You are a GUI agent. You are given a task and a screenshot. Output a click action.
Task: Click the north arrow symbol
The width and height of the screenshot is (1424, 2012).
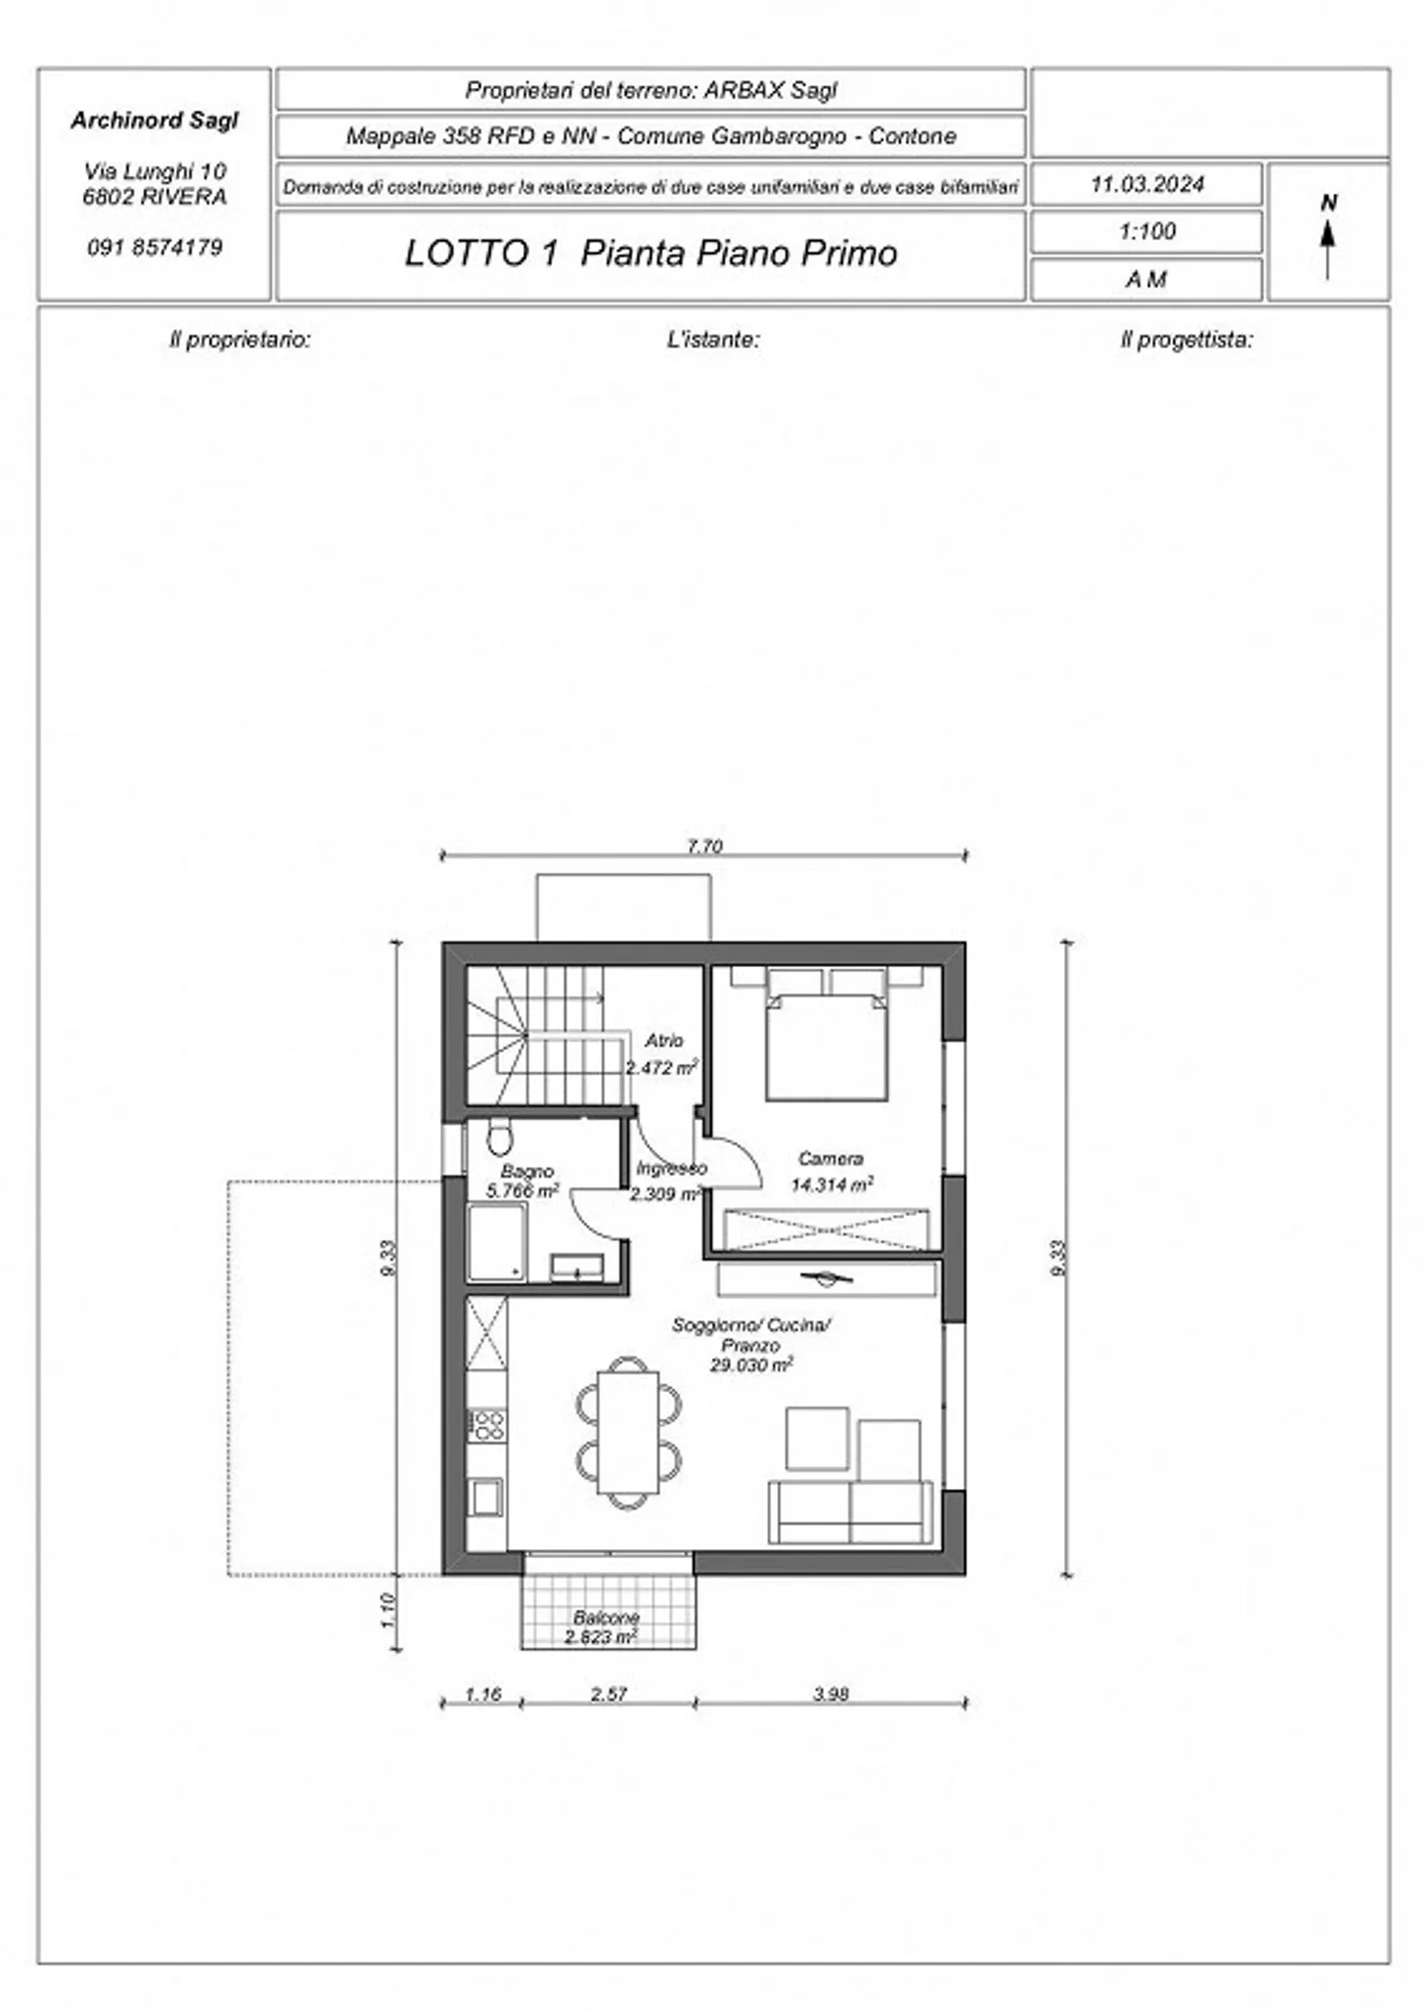(1328, 243)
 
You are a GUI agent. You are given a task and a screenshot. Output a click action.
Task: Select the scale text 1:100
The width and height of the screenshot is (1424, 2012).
(1147, 232)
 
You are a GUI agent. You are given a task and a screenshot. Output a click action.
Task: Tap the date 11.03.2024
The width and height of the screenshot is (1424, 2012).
(1147, 185)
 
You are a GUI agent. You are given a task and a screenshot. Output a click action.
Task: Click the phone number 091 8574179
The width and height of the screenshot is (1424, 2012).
(155, 247)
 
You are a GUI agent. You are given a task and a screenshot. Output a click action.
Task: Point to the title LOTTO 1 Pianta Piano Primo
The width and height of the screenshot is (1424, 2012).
(651, 254)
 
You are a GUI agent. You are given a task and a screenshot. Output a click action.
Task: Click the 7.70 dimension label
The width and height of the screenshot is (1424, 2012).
(704, 846)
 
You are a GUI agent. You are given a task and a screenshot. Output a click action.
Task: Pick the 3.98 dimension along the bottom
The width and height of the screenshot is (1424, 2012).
(831, 1694)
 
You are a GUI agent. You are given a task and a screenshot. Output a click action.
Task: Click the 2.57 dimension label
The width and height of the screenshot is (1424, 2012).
(609, 1694)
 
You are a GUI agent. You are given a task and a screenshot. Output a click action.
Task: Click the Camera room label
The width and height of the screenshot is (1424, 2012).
(831, 1158)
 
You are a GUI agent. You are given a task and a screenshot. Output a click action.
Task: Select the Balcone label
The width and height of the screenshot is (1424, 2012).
(606, 1618)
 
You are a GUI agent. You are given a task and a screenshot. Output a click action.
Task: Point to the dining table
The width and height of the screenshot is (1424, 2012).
(628, 1432)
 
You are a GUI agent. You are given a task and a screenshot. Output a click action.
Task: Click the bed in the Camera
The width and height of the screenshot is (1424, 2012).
(826, 1043)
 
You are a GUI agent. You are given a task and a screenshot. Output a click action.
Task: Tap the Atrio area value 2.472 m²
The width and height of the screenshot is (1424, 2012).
(662, 1068)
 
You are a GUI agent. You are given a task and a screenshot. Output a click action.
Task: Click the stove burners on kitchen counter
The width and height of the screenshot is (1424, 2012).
(487, 1425)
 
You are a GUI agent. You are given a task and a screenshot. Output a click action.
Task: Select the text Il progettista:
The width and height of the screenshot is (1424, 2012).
(1186, 340)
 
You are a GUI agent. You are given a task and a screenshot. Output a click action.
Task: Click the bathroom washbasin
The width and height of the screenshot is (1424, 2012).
(577, 1267)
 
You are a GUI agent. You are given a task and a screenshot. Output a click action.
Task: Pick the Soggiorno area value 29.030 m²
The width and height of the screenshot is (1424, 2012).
(751, 1365)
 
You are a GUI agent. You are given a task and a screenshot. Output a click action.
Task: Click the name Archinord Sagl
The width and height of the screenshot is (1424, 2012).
(155, 121)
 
